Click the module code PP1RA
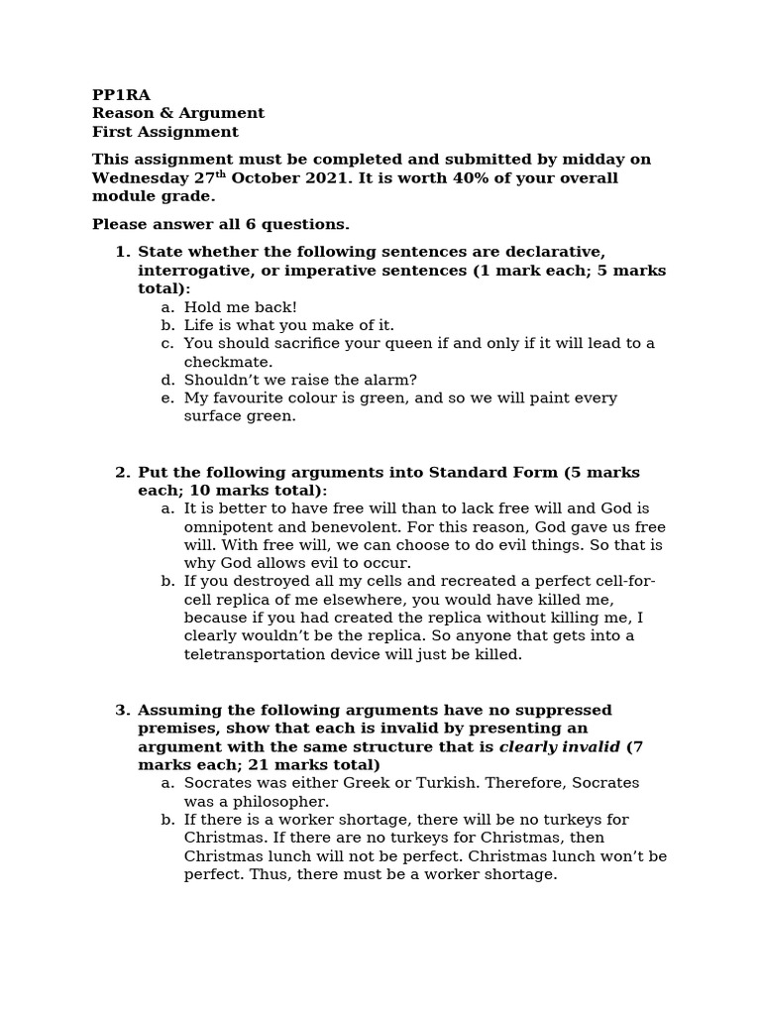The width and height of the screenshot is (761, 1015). pyautogui.click(x=121, y=95)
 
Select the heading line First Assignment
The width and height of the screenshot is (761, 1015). pyautogui.click(x=165, y=133)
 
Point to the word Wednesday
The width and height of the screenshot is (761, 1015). pyautogui.click(x=136, y=178)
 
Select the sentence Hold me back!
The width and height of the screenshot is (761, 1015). pyautogui.click(x=240, y=307)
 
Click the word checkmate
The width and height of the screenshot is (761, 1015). pyautogui.click(x=228, y=362)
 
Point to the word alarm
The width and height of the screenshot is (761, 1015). pyautogui.click(x=388, y=380)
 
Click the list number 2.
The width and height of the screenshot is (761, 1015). pyautogui.click(x=122, y=472)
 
